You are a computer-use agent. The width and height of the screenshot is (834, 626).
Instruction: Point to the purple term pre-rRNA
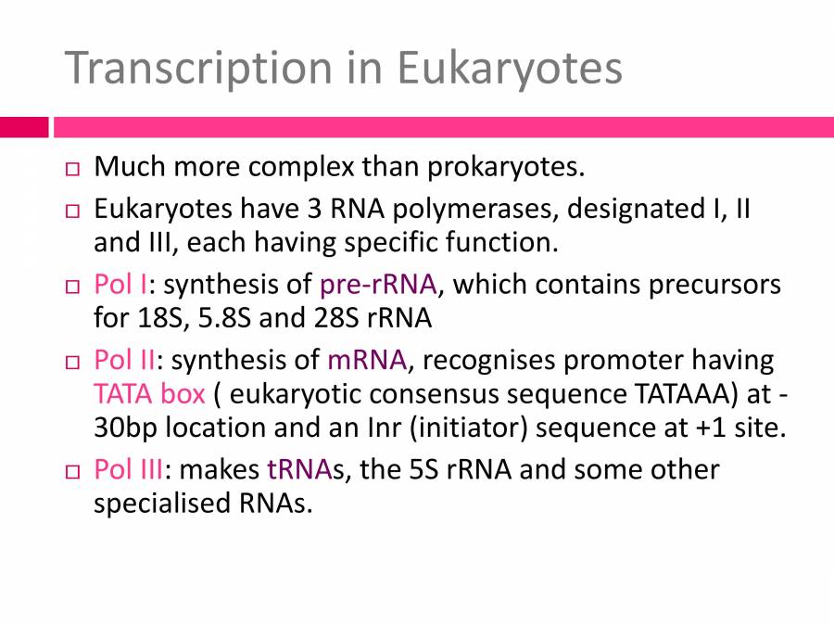pos(377,283)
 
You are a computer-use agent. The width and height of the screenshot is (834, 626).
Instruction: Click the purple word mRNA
pos(367,359)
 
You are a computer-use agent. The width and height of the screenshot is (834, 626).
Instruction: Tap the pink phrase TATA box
pos(148,394)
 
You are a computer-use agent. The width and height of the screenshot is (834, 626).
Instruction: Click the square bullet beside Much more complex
pos(74,170)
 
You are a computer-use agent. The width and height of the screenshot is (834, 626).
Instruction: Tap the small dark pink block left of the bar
pos(23,127)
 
